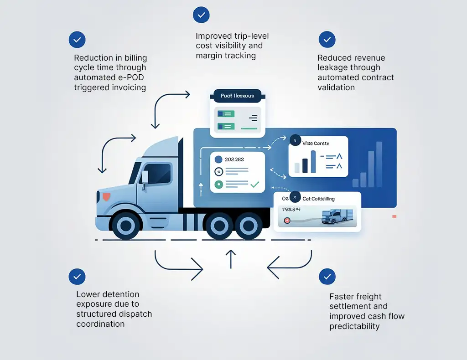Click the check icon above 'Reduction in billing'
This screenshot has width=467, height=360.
[x=77, y=40]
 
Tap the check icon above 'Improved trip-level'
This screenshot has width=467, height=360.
[x=201, y=15]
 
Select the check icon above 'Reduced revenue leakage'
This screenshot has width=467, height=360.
[x=327, y=40]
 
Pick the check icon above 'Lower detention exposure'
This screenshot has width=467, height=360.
[x=77, y=277]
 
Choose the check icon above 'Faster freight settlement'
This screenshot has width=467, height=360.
[x=327, y=277]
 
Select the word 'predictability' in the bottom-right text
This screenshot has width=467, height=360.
[x=354, y=326]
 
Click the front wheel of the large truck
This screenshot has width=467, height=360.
[x=126, y=225]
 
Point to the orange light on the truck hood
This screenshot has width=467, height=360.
[x=106, y=196]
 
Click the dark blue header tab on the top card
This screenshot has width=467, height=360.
[x=237, y=96]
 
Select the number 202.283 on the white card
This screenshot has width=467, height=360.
[x=234, y=159]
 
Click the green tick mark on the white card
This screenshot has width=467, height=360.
[x=254, y=185]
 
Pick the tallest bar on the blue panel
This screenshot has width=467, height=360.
[x=379, y=164]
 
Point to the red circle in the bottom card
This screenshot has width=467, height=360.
[x=287, y=221]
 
